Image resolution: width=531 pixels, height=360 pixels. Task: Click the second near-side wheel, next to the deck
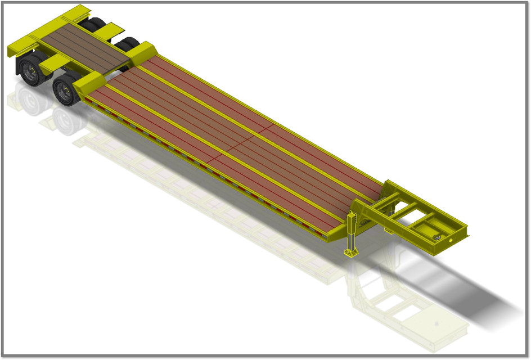[x=66, y=90]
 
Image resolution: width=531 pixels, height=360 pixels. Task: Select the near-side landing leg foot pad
[x=352, y=251]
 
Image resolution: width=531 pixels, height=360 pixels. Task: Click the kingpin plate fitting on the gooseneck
[x=437, y=238]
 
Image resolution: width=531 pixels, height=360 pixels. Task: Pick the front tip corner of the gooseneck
[x=466, y=231]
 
